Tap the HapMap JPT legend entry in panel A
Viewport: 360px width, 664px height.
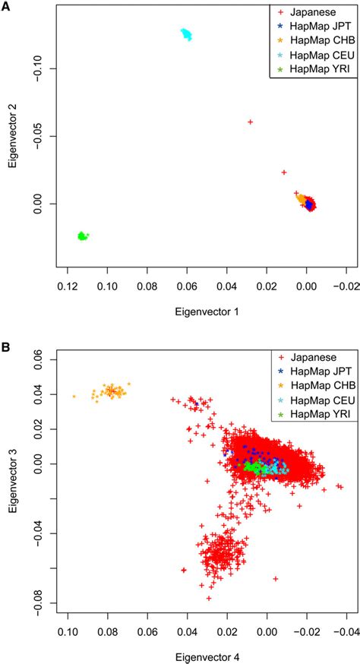pos(312,27)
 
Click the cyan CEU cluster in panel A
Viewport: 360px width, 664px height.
pos(186,34)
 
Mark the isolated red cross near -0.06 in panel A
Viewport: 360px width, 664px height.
pos(250,122)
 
